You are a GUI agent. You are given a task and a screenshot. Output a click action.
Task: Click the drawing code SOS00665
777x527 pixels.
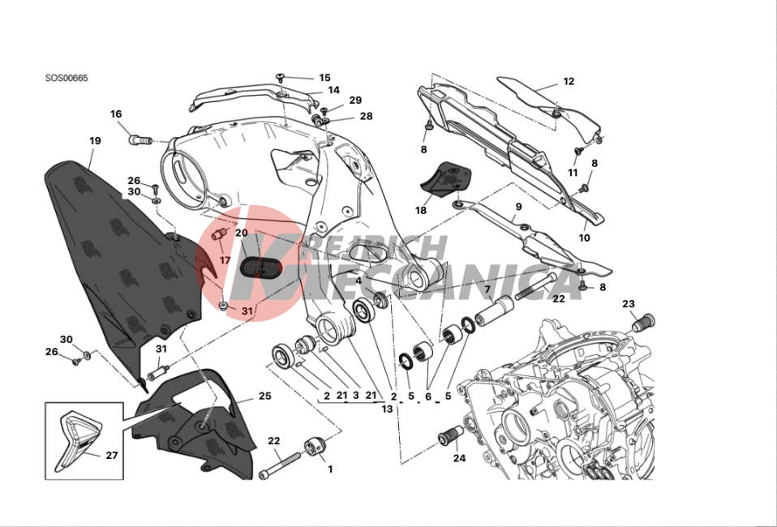point(67,79)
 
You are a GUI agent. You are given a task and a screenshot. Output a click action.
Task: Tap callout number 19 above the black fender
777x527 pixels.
point(95,140)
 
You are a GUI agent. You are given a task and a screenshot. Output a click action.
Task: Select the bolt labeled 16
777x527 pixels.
point(140,140)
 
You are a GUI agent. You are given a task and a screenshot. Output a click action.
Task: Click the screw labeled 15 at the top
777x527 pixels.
point(281,77)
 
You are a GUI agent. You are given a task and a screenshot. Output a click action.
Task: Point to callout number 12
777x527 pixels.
point(569,81)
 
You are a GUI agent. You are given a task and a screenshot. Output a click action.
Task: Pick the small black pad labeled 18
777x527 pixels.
point(445,178)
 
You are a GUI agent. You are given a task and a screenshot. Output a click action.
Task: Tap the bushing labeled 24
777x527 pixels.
point(450,435)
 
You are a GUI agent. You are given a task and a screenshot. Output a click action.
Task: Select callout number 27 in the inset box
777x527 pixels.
point(111,455)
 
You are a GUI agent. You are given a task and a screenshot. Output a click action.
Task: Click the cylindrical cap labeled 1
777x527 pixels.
point(314,445)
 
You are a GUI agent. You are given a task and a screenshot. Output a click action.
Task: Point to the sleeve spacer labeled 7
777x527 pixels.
point(494,310)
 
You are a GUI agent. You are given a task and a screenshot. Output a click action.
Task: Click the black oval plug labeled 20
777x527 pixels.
point(260,267)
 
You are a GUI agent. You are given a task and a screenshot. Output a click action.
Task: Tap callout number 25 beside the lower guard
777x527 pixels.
point(265,396)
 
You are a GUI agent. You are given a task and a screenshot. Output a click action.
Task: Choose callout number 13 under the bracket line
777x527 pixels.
point(387,409)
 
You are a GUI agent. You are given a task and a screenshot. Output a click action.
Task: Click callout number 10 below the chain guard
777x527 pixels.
point(585,238)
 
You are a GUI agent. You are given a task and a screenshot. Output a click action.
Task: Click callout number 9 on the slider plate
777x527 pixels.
point(518,207)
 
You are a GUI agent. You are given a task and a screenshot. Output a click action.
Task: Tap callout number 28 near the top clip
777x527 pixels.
point(367,116)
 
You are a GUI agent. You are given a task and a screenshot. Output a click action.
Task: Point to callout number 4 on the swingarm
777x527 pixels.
point(358,281)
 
